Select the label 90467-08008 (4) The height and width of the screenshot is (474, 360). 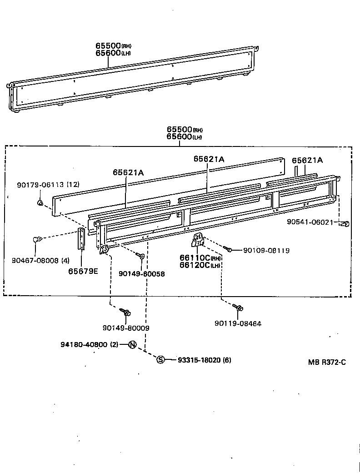pos(40,261)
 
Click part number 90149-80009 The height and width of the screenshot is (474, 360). pos(126,328)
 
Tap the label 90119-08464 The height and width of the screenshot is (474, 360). pos(238,323)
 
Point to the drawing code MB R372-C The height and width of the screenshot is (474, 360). pos(327,362)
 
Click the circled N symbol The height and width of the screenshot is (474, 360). pos(132,344)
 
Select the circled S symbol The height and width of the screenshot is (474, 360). pos(160,360)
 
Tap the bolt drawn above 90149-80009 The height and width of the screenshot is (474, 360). pos(125,312)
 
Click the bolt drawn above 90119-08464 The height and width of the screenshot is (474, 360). pos(238,308)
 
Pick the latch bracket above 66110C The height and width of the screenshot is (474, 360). pos(198,239)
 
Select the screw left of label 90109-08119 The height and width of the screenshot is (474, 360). pos(228,248)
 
